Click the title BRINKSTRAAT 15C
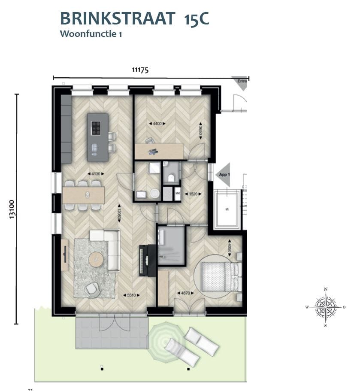[x=134, y=19]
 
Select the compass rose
[x=326, y=307]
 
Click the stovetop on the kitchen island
[x=97, y=128]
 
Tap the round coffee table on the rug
[x=96, y=259]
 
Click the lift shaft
[x=227, y=209]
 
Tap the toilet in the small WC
[x=171, y=177]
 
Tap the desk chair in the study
[x=149, y=140]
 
